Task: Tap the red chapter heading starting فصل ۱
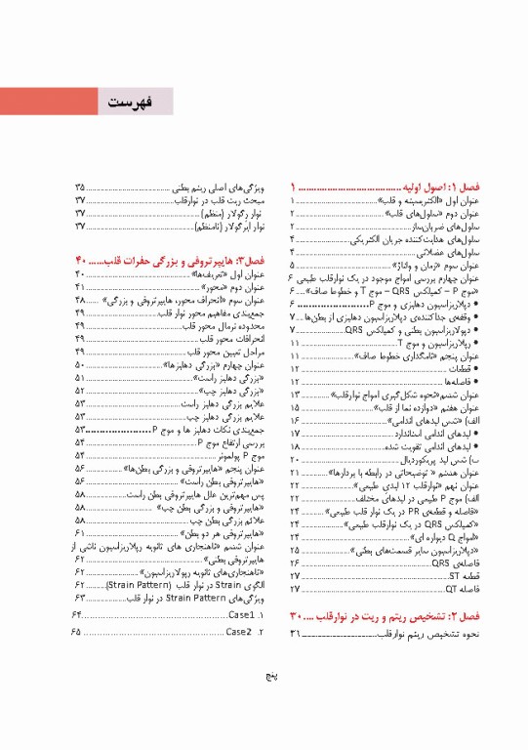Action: coord(415,186)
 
